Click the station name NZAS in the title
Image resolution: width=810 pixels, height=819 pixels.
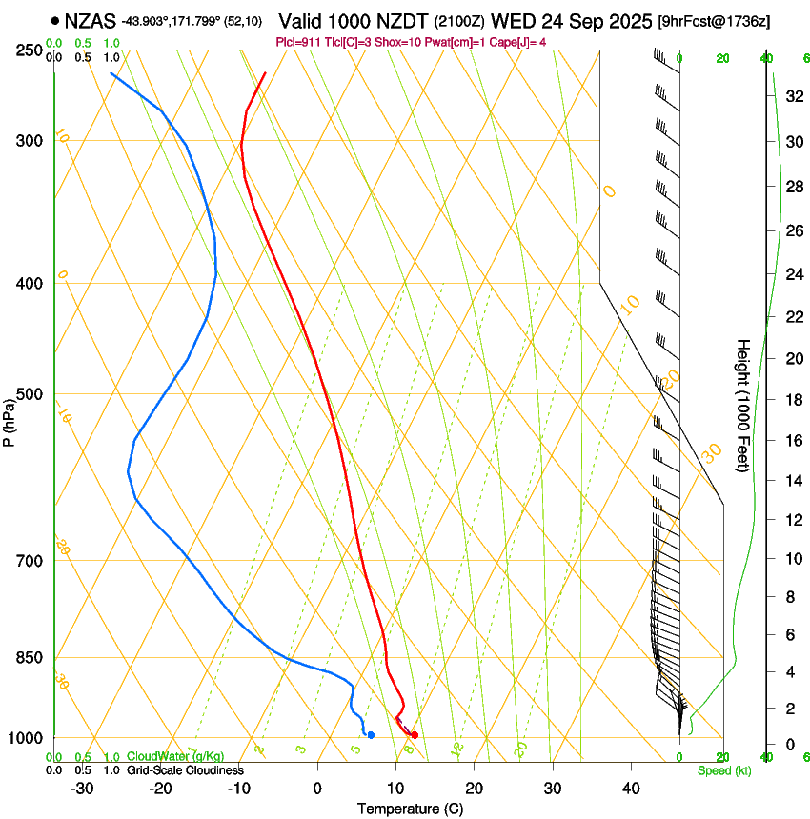tap(90, 20)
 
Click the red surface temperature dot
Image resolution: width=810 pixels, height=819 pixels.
tap(415, 735)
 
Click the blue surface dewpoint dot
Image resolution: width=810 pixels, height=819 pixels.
tap(371, 735)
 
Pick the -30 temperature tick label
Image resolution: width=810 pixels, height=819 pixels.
tap(82, 789)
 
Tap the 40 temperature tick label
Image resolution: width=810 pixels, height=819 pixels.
tap(631, 789)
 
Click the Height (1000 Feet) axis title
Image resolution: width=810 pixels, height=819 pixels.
tap(743, 406)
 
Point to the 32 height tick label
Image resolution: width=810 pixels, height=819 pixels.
tap(794, 96)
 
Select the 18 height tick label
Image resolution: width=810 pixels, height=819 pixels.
tap(794, 400)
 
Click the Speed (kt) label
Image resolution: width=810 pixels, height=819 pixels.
tap(724, 770)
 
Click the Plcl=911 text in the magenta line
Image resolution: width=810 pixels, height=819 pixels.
tap(297, 42)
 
